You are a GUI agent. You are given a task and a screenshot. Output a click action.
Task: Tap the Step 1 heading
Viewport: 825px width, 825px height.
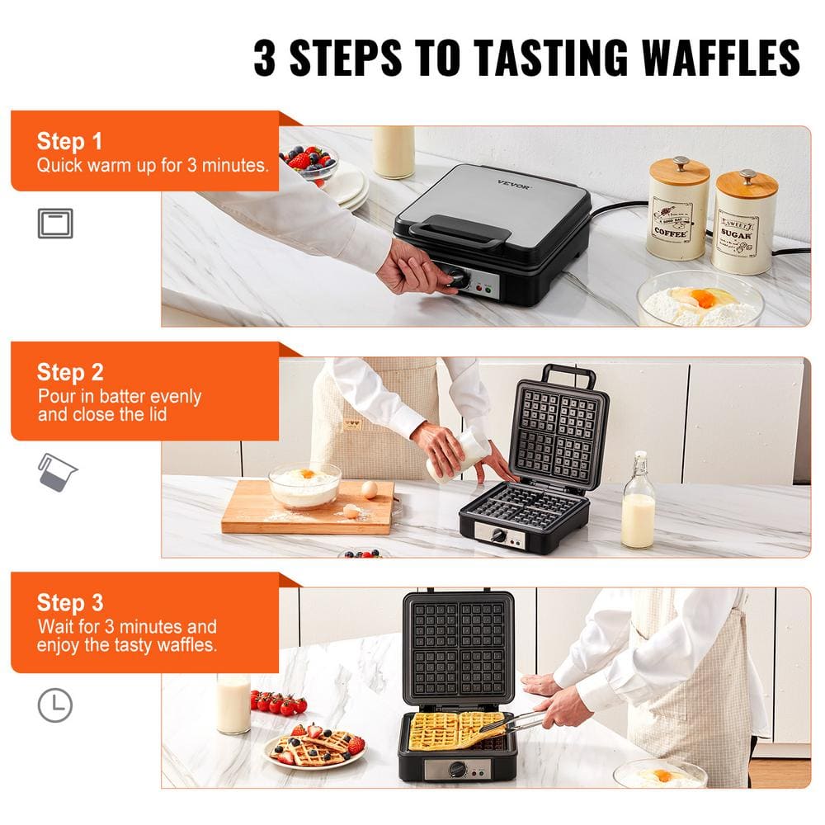pyautogui.click(x=69, y=140)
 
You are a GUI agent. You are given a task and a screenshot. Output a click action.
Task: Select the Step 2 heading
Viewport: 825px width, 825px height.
pyautogui.click(x=70, y=371)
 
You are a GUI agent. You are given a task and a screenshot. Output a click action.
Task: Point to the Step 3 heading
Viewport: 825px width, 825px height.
pyautogui.click(x=70, y=602)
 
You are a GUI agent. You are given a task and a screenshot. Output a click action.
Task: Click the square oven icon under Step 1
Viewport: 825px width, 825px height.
pyautogui.click(x=55, y=224)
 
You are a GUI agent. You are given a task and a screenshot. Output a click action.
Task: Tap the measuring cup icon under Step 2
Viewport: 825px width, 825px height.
pyautogui.click(x=57, y=471)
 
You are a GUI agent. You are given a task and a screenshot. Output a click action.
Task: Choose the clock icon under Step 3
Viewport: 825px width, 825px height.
pyautogui.click(x=55, y=705)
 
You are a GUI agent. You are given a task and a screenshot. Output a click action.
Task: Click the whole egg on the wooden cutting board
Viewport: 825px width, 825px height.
pyautogui.click(x=369, y=490)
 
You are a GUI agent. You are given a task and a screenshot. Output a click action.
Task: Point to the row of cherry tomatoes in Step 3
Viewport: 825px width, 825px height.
pyautogui.click(x=278, y=702)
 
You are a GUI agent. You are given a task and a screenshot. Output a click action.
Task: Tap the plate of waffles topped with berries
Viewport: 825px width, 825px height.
pyautogui.click(x=314, y=747)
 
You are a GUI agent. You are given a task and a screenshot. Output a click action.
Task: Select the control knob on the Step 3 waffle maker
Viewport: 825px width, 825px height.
pyautogui.click(x=455, y=769)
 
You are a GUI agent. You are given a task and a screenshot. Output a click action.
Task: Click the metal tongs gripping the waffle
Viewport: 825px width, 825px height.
pyautogui.click(x=511, y=726)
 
